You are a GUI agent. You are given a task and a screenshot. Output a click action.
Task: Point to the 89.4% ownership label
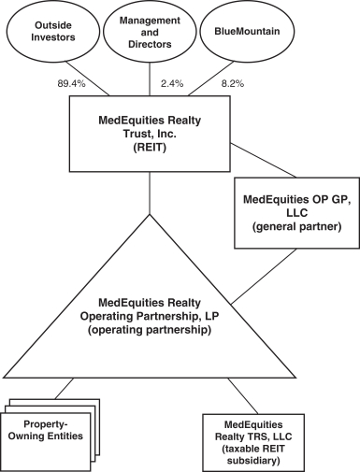[x=71, y=83]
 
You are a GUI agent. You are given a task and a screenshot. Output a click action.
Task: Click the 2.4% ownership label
[x=172, y=83]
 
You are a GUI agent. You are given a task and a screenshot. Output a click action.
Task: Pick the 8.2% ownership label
[x=233, y=83]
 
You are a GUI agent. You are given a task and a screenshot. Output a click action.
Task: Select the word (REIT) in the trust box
[x=150, y=148]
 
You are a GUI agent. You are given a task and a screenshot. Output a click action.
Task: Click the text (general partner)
[x=296, y=226]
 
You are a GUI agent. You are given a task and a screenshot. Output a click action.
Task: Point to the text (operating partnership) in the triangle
[x=150, y=330]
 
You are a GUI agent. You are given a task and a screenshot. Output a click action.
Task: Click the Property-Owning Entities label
[x=46, y=430]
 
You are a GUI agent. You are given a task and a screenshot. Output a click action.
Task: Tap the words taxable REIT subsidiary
[x=253, y=454]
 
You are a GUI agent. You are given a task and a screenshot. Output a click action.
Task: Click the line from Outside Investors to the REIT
[x=88, y=78]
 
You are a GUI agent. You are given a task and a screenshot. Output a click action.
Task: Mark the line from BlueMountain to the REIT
[x=211, y=79]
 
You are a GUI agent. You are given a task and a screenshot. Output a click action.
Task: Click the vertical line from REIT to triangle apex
[x=150, y=193]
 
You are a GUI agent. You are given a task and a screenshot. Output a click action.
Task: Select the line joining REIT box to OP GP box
[x=264, y=160]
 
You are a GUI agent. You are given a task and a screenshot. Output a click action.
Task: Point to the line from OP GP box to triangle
[x=264, y=276]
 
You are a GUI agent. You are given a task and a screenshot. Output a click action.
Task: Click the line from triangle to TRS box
[x=243, y=396]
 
